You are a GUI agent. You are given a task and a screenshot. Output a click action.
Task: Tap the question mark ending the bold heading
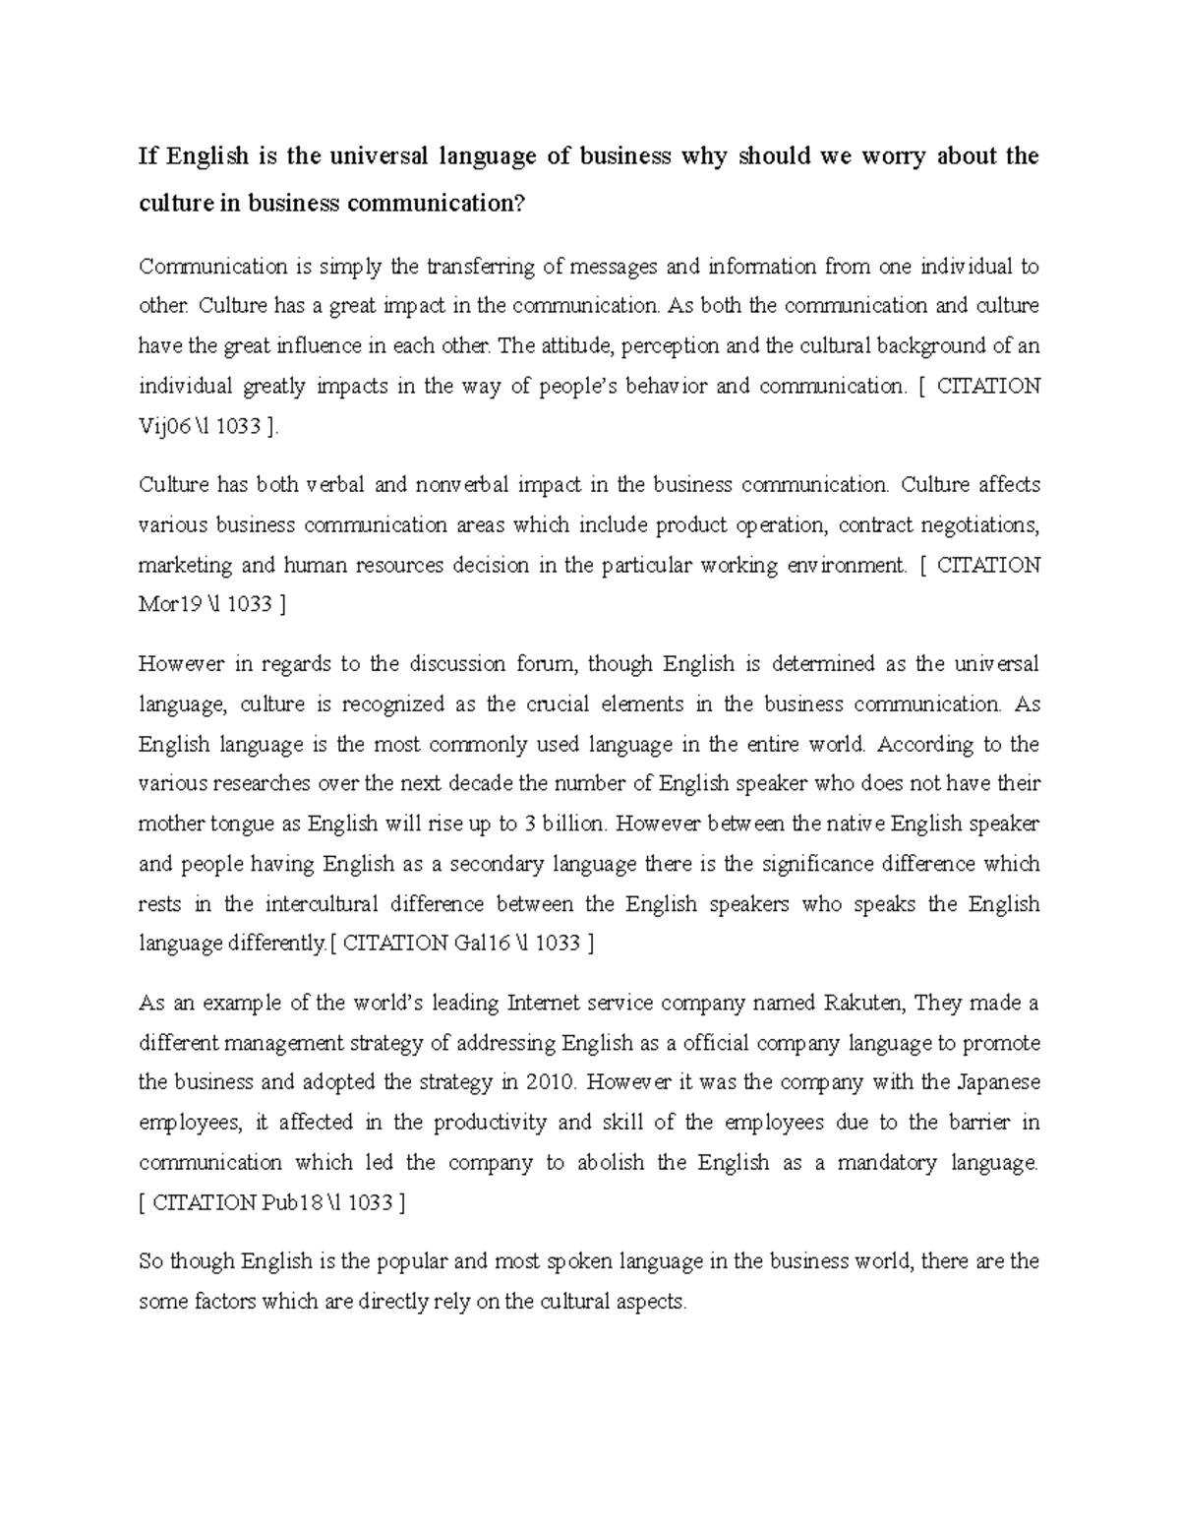tap(521, 204)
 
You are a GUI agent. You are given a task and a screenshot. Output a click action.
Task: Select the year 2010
tap(549, 1082)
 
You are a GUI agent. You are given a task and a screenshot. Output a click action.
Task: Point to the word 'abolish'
tap(611, 1163)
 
